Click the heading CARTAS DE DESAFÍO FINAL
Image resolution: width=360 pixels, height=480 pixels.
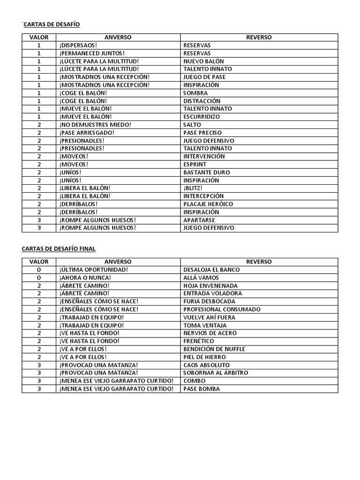tap(59, 248)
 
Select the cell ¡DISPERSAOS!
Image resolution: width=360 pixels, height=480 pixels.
tap(78, 45)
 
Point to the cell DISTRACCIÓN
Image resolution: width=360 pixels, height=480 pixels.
tap(202, 101)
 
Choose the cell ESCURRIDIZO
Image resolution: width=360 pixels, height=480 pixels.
tap(201, 117)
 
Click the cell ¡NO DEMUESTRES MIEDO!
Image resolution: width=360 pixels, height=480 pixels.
tap(95, 125)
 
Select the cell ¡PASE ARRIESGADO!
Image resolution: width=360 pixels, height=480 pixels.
tap(87, 133)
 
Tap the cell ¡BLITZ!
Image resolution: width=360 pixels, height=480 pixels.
tap(193, 188)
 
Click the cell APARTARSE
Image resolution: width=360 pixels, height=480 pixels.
tap(199, 220)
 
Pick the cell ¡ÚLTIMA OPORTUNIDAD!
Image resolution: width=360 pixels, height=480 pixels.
tap(94, 270)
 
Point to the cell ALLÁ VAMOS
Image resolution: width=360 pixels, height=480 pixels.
tap(201, 277)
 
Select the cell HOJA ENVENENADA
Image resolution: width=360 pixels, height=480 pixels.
tap(210, 285)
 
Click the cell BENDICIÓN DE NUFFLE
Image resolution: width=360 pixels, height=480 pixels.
tap(214, 349)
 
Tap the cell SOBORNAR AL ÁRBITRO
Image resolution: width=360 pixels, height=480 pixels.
tap(216, 373)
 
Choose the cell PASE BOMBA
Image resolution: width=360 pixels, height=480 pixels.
tap(201, 389)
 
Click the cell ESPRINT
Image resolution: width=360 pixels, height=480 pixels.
tap(195, 164)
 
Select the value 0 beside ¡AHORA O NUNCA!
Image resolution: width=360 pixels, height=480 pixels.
tap(39, 277)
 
